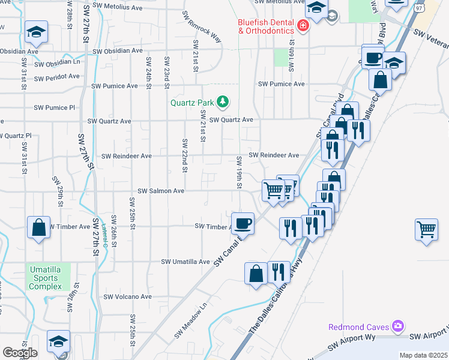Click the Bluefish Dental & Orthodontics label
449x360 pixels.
tap(265, 26)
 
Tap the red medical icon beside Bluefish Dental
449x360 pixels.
tap(303, 26)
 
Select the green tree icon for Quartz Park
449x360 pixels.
tap(223, 101)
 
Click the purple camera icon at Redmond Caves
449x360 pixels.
tap(397, 326)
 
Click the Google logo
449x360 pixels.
tap(20, 353)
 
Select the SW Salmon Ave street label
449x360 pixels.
tap(161, 191)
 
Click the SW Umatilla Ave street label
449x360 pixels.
tap(185, 262)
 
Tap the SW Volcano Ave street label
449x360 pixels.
tap(128, 296)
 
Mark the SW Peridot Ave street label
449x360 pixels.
tap(57, 77)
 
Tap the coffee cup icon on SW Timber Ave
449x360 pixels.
tap(243, 223)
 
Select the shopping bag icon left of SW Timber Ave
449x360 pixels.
tap(38, 227)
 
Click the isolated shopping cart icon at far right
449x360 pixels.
tap(426, 229)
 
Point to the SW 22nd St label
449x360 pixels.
tap(185, 156)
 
